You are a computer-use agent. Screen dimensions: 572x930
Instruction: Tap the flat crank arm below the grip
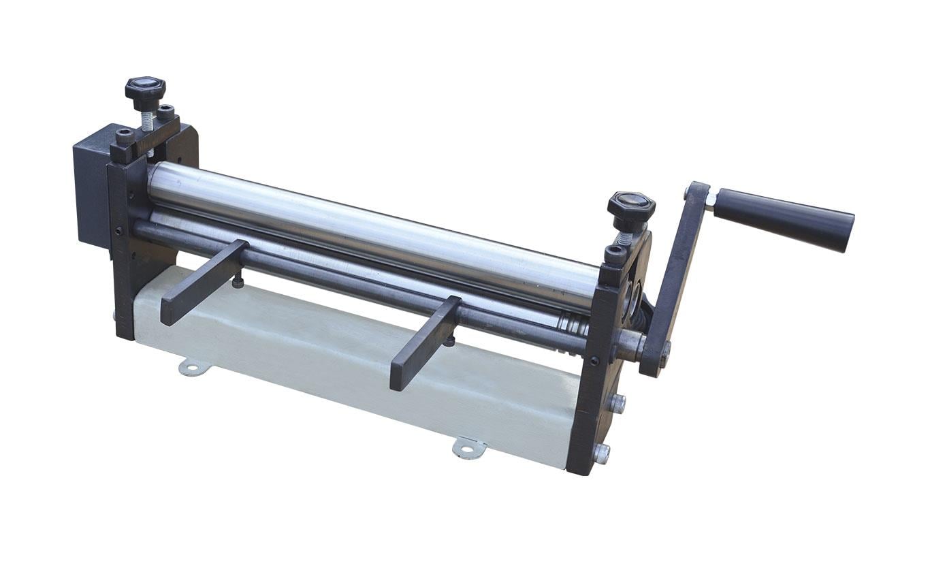[x=674, y=279]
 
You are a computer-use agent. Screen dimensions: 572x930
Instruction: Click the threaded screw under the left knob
[x=146, y=121]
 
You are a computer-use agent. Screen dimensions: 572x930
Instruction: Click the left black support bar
[x=203, y=281]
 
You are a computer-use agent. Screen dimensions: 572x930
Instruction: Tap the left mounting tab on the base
[x=192, y=368]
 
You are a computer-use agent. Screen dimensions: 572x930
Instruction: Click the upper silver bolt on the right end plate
[x=617, y=404]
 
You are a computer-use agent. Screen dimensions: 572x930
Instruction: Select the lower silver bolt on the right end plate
[x=601, y=454]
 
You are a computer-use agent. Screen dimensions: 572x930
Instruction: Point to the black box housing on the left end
[x=92, y=184]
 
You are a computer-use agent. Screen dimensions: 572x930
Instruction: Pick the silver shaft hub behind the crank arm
[x=630, y=345]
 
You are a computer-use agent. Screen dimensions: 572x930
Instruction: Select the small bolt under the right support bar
[x=449, y=340]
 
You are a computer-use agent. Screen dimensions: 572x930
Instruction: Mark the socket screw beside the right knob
[x=615, y=255]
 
